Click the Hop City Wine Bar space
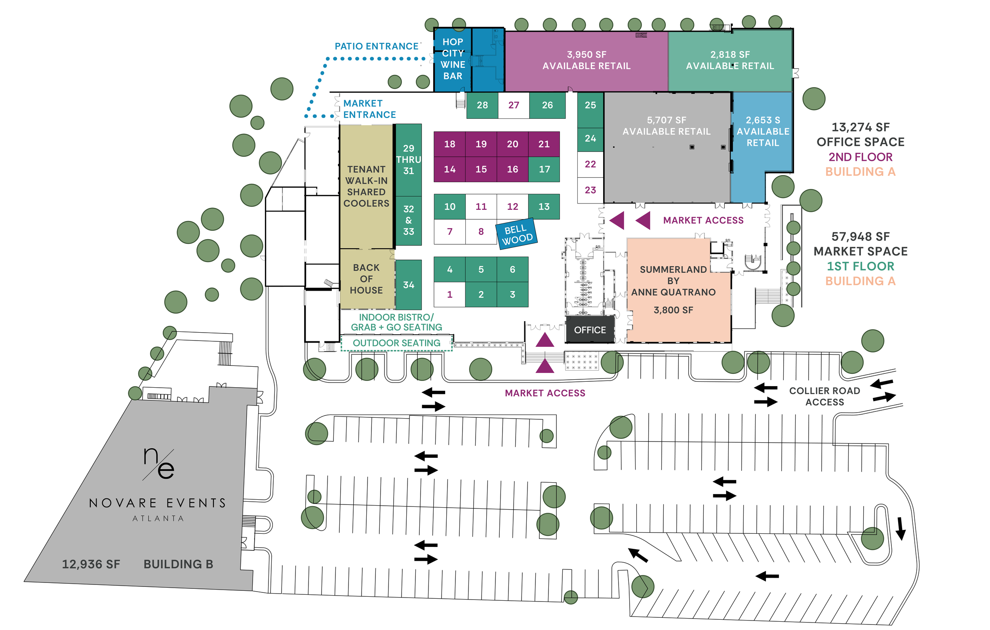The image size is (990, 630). pyautogui.click(x=453, y=59)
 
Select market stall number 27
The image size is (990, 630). pyautogui.click(x=514, y=105)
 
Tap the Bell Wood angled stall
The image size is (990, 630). pyautogui.click(x=517, y=234)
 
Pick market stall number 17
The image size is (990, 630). pyautogui.click(x=544, y=169)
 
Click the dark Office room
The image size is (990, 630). pyautogui.click(x=590, y=330)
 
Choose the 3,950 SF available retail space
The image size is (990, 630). pyautogui.click(x=586, y=61)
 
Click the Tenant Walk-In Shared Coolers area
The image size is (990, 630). pyautogui.click(x=366, y=186)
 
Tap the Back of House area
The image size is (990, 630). pyautogui.click(x=366, y=279)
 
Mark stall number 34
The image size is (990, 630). pyautogui.click(x=408, y=285)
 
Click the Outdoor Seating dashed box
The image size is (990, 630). pyautogui.click(x=396, y=343)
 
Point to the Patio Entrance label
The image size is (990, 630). pyautogui.click(x=377, y=46)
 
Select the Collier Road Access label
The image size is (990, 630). pyautogui.click(x=824, y=396)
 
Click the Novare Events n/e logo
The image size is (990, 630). pyautogui.click(x=159, y=463)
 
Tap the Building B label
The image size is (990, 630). pyautogui.click(x=178, y=564)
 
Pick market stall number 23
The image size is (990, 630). pyautogui.click(x=590, y=190)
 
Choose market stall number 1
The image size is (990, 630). pyautogui.click(x=449, y=295)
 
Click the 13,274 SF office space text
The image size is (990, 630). pyautogui.click(x=860, y=135)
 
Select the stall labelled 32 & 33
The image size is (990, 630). pyautogui.click(x=408, y=221)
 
